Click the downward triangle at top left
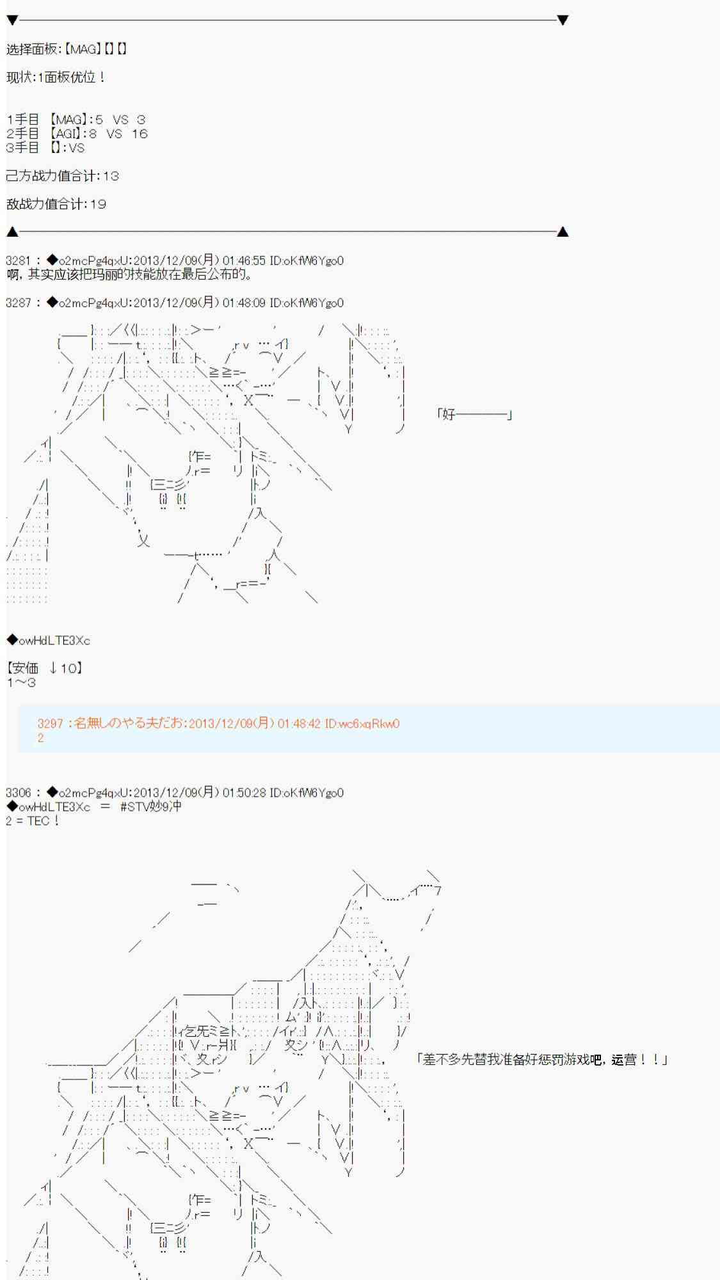coord(12,20)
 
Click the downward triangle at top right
coord(563,20)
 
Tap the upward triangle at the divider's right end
coord(563,232)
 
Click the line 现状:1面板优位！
coord(56,77)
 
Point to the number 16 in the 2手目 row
coord(140,134)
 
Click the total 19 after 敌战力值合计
coord(98,204)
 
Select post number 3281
coord(18,260)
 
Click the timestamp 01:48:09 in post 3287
coord(244,303)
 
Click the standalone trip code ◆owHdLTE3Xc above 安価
coord(48,641)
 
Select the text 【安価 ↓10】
coord(45,668)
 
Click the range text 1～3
coord(21,682)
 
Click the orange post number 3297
coord(50,724)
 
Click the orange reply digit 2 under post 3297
coord(40,738)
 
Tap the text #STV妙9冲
coord(150,806)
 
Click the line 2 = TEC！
coord(32,820)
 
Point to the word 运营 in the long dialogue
coord(625,1060)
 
